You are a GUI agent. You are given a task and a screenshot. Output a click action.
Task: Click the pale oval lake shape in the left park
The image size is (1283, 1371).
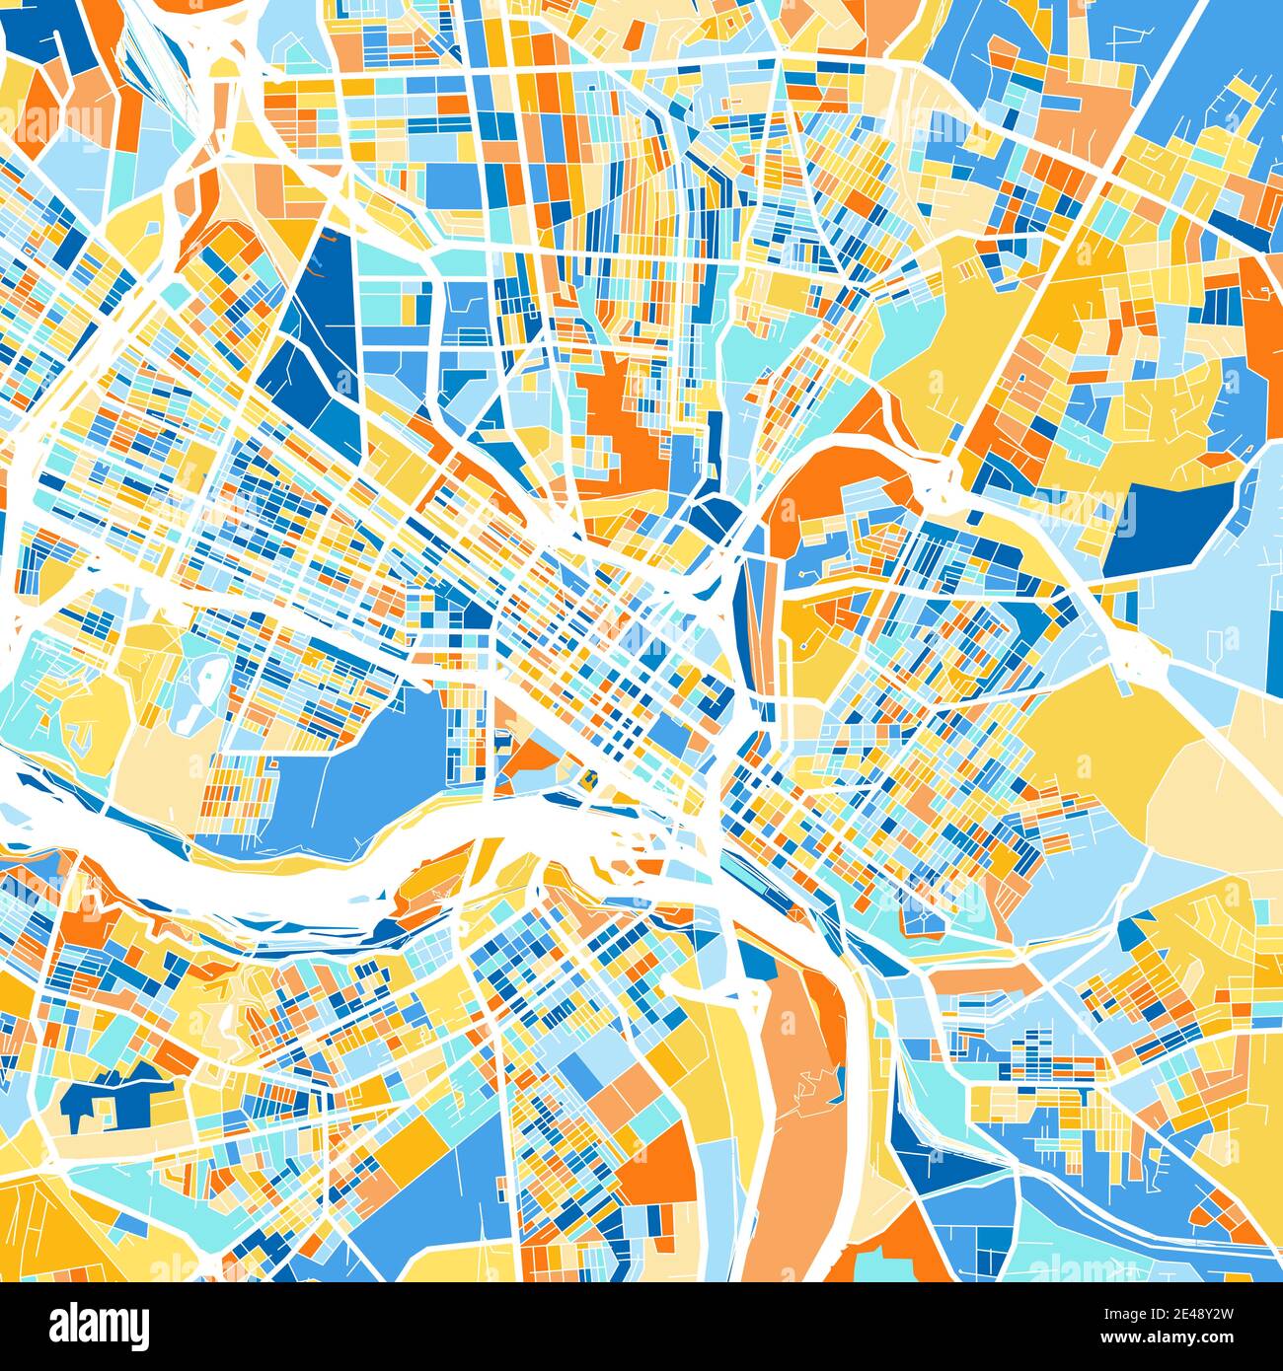click(207, 681)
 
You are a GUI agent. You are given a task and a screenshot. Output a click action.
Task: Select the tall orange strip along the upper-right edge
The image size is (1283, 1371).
click(1263, 325)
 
